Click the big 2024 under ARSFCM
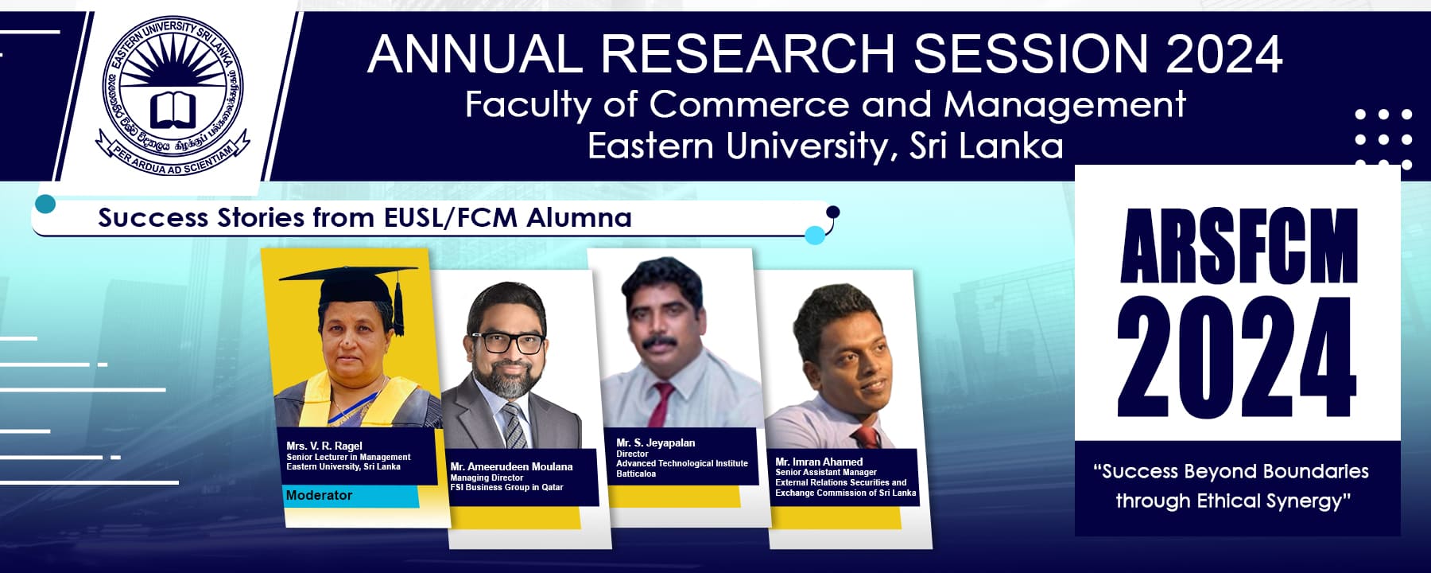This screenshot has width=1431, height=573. coord(1237,357)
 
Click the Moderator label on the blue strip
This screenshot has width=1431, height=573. coord(319,495)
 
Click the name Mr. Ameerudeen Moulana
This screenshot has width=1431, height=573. coord(511,466)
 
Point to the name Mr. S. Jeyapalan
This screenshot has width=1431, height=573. coord(655,442)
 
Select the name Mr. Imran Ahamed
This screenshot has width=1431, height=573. coord(819,462)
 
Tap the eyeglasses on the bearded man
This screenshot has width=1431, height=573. coord(508,343)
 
